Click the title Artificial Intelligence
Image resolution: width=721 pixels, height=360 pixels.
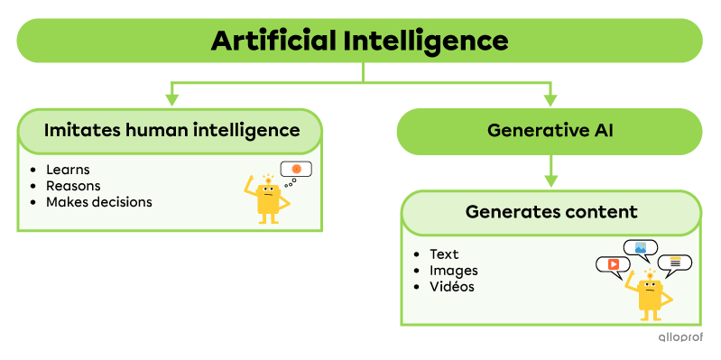[x=359, y=41]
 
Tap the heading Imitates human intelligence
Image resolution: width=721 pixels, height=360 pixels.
[x=171, y=130]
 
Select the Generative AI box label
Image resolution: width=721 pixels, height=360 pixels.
[x=550, y=130]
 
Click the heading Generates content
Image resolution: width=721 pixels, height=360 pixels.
[x=551, y=212]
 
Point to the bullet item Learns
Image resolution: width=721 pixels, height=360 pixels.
[x=68, y=170]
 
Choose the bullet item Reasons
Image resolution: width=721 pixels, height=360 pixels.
[x=73, y=186]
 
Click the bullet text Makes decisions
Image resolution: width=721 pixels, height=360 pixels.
[x=98, y=202]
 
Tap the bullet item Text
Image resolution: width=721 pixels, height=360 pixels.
[x=444, y=254]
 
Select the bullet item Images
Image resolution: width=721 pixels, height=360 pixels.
[x=454, y=271]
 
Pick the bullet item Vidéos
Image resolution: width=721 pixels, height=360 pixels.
[x=452, y=287]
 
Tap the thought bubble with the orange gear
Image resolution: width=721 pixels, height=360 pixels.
[x=296, y=170]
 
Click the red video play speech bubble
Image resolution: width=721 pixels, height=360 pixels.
[x=613, y=264]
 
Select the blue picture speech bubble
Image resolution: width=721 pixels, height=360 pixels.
[x=641, y=247]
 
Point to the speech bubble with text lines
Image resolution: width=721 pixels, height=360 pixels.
[x=674, y=263]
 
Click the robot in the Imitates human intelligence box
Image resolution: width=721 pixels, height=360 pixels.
[x=268, y=199]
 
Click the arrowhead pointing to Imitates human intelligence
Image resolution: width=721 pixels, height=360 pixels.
[x=171, y=100]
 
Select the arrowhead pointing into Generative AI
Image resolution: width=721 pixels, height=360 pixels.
[x=550, y=100]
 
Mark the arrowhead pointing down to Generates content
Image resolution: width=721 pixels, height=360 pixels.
[x=550, y=180]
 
